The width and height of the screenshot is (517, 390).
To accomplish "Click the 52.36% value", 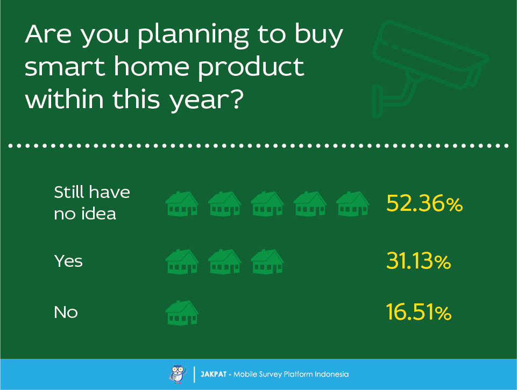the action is [x=424, y=203].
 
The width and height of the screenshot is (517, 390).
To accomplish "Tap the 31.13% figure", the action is [x=419, y=261].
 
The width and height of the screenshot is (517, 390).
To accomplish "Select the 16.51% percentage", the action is [x=419, y=312].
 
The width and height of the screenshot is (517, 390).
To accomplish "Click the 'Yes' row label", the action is [x=68, y=261].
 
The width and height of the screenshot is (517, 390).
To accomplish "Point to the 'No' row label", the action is [x=66, y=312].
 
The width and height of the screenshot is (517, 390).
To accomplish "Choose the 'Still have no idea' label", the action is [x=92, y=203].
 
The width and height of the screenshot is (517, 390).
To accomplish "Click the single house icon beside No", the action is [x=182, y=313].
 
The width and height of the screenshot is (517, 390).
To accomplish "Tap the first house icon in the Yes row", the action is [x=182, y=262].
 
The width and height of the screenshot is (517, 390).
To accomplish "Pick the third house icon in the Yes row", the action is [x=267, y=262].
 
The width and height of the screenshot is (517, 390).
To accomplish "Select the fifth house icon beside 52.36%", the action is [x=353, y=204].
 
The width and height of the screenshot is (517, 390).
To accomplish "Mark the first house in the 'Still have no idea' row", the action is [x=182, y=204].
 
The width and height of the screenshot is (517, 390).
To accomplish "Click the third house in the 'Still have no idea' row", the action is [x=267, y=204].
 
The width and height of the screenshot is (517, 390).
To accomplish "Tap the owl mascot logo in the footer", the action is [x=178, y=374].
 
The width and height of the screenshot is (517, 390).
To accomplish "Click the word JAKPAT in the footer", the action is [x=214, y=374].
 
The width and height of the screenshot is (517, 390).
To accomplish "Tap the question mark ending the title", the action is [x=236, y=99].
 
